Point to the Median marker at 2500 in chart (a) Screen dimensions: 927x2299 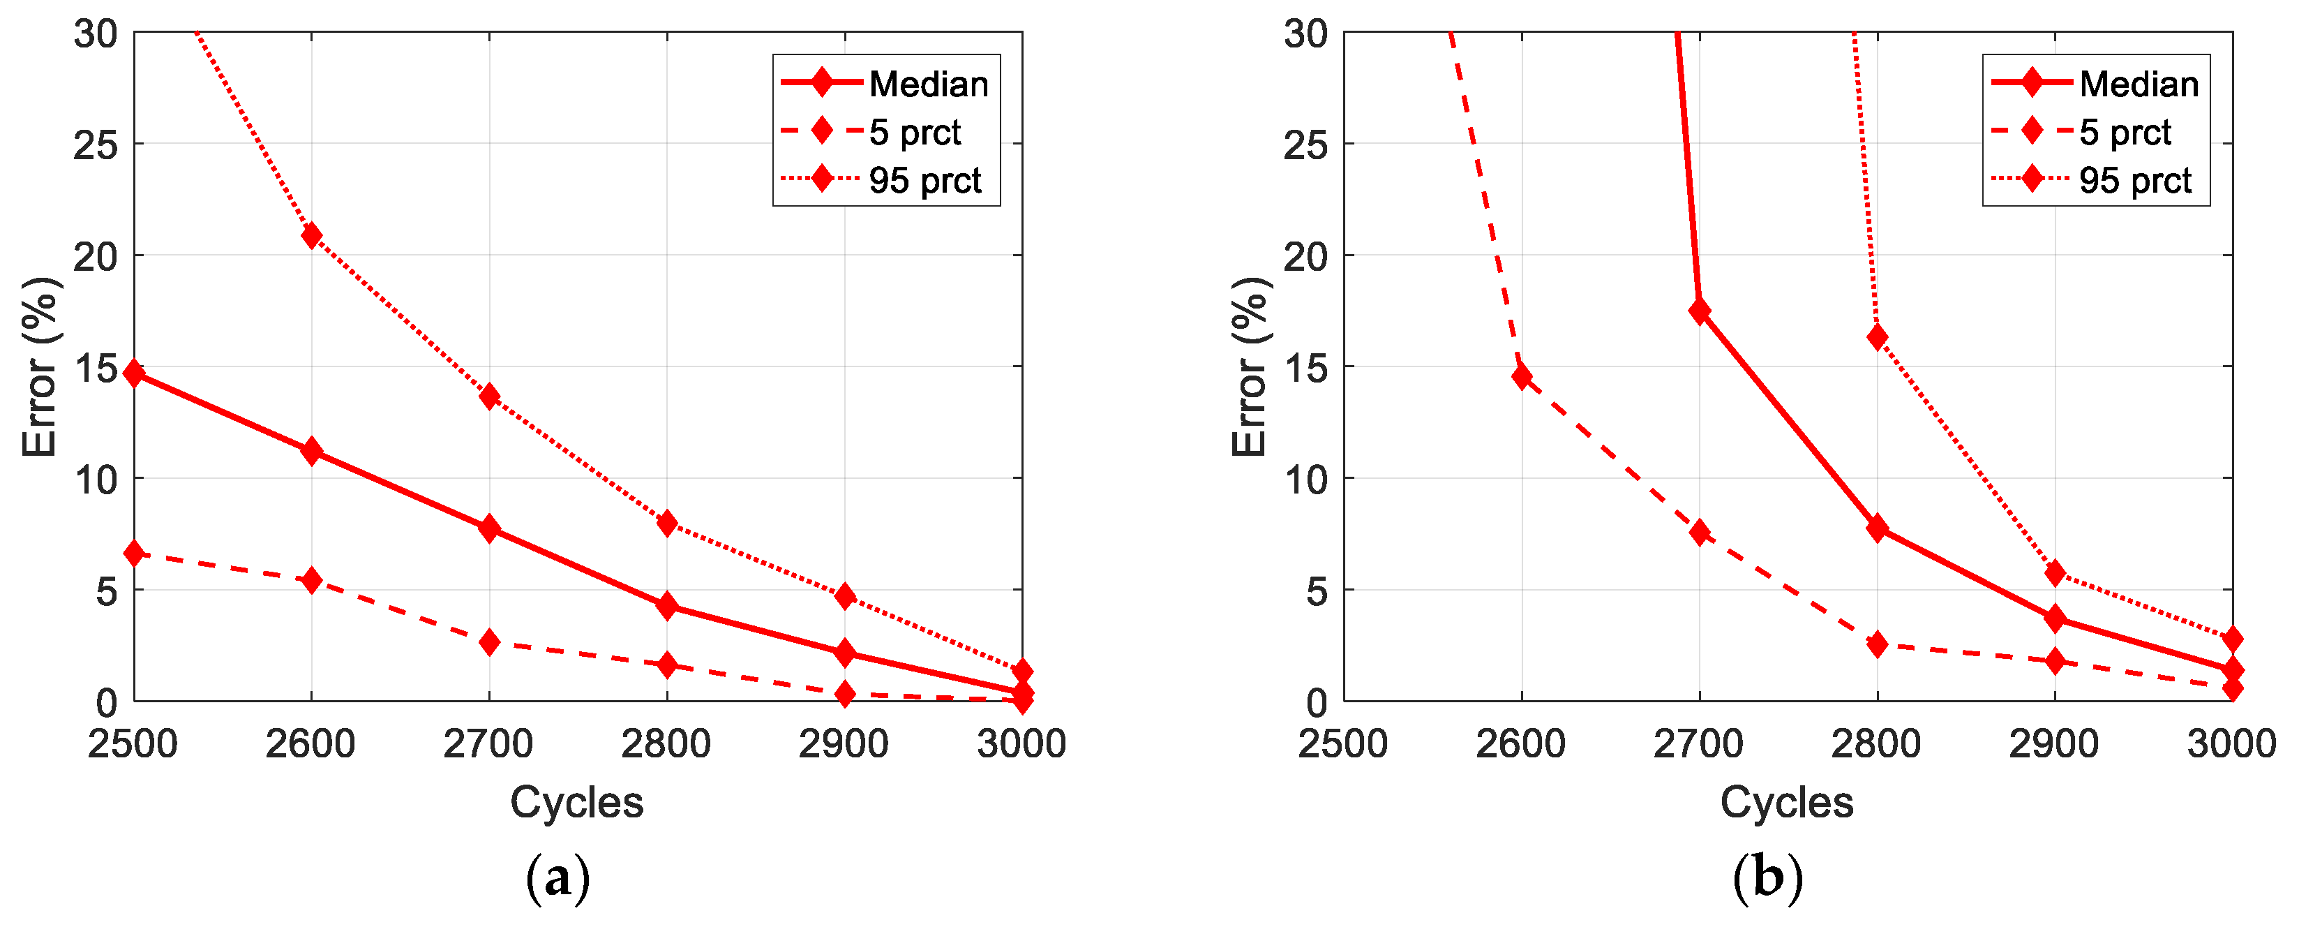[x=135, y=373]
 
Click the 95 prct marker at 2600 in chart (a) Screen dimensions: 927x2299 [x=311, y=236]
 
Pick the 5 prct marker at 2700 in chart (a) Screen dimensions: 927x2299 [x=489, y=642]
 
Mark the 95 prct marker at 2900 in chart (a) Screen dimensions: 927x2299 [x=844, y=595]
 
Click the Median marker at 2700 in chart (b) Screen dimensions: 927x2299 [x=1699, y=311]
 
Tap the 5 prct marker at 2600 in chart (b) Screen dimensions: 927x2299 [x=1522, y=376]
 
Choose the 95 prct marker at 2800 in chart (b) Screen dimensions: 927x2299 [x=1877, y=336]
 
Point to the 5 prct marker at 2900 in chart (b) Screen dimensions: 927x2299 [x=2055, y=662]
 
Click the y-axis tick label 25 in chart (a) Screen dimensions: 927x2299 [x=96, y=144]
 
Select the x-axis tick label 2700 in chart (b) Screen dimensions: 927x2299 [x=1698, y=743]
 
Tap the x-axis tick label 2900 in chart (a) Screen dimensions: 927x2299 [x=844, y=743]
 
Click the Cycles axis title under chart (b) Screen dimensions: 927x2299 [x=1787, y=802]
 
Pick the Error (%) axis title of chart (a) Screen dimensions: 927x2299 [x=40, y=367]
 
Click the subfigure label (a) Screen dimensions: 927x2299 [x=557, y=878]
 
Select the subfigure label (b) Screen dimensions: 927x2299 [x=1767, y=878]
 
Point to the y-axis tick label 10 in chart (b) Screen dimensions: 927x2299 [x=1305, y=480]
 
